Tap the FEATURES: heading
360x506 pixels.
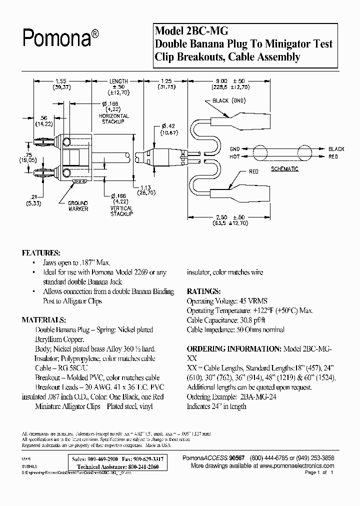pyautogui.click(x=41, y=253)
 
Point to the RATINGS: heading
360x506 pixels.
pyautogui.click(x=203, y=291)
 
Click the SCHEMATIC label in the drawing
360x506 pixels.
pyautogui.click(x=284, y=169)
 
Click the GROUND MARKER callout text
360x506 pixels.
pyautogui.click(x=78, y=206)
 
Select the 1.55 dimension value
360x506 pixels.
pyautogui.click(x=61, y=80)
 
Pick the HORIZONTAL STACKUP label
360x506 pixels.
pyautogui.click(x=114, y=119)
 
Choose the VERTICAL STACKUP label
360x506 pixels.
pyautogui.click(x=121, y=210)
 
